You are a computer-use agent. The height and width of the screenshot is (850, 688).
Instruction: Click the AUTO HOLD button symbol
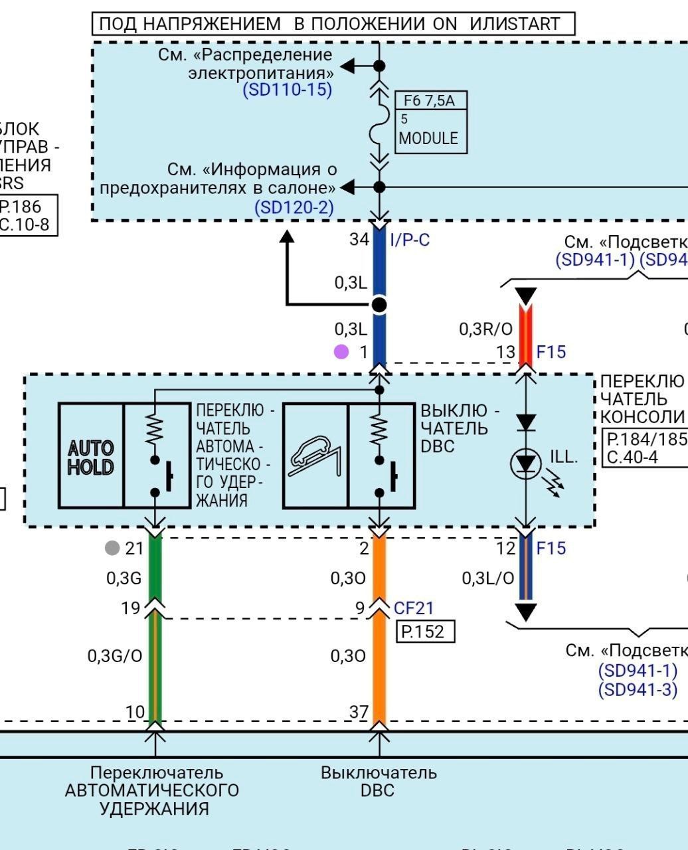(x=91, y=456)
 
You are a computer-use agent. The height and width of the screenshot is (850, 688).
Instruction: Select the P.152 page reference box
(x=425, y=632)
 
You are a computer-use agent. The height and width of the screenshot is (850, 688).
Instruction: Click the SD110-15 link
(x=287, y=90)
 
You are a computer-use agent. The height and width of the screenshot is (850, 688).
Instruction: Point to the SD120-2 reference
(x=294, y=208)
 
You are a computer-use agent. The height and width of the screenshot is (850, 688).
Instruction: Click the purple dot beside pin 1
(x=341, y=352)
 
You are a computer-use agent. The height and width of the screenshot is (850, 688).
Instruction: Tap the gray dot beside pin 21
(x=112, y=548)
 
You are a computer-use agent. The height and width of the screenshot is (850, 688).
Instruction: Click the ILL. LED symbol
(x=526, y=464)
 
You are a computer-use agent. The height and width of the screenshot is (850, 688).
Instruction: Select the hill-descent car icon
(x=315, y=456)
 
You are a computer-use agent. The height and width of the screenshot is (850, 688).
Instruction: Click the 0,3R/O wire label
(x=485, y=329)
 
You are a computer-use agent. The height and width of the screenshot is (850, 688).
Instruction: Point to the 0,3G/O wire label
(x=115, y=656)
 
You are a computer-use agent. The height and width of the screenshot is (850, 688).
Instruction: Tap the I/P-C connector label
(x=410, y=240)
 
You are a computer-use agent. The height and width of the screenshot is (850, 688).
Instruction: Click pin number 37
(x=359, y=712)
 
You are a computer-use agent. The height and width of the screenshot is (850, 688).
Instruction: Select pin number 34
(x=359, y=239)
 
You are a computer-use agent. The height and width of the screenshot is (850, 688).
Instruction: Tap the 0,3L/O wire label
(x=487, y=578)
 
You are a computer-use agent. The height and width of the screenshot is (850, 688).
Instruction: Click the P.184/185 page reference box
(x=644, y=439)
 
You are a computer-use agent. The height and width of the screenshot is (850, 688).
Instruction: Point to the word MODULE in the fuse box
(x=428, y=138)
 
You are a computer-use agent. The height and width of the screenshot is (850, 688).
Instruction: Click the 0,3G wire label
(x=124, y=578)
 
